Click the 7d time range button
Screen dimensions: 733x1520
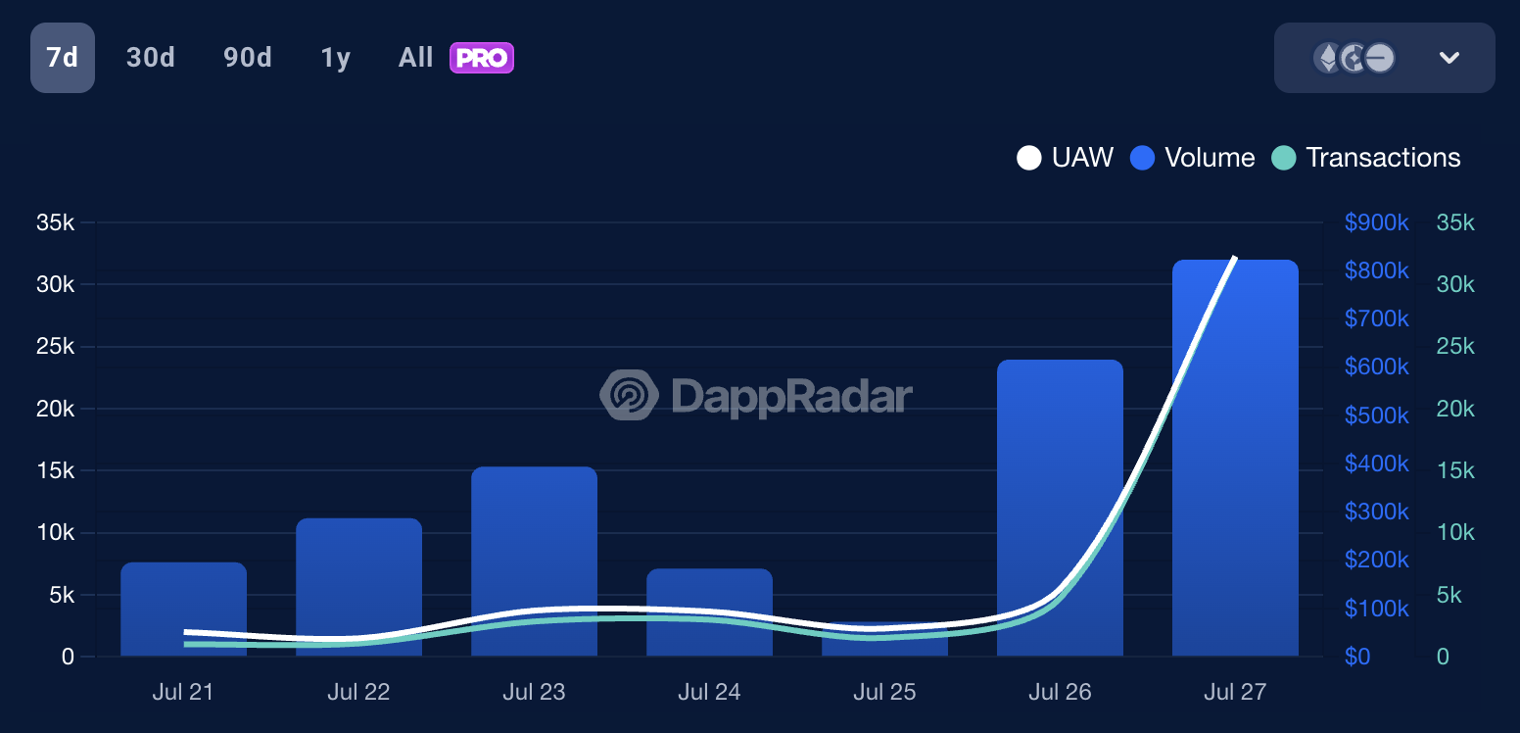[x=63, y=58]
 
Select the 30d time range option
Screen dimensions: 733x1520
[x=151, y=58]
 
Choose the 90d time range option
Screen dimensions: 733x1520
[x=247, y=58]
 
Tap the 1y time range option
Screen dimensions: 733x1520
[x=335, y=58]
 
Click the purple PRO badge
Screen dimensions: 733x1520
[x=482, y=58]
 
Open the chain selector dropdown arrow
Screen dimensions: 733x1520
[x=1449, y=58]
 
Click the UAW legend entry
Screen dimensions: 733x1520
[x=1066, y=158]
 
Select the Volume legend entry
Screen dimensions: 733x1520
[x=1193, y=158]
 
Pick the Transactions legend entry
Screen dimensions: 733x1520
[x=1366, y=158]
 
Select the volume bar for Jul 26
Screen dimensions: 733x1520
[x=1060, y=490]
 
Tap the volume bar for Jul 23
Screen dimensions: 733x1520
[x=534, y=549]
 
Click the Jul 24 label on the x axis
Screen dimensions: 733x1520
[x=709, y=692]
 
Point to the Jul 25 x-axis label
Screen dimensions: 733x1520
[x=884, y=692]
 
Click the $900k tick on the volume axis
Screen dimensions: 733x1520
[x=1376, y=223]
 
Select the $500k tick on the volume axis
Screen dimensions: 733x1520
[x=1376, y=415]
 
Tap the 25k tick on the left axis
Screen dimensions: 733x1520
[x=55, y=347]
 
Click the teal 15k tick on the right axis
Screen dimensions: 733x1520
[x=1454, y=471]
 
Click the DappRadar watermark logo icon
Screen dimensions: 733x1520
[x=628, y=395]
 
